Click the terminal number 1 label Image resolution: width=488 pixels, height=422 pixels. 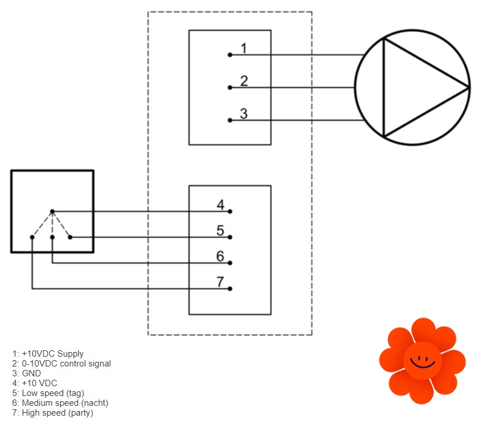[243, 48]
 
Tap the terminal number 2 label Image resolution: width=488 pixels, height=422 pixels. [244, 81]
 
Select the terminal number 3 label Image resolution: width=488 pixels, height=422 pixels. [243, 114]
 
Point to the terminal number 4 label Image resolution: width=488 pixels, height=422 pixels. [220, 205]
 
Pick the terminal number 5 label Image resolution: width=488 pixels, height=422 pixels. [220, 231]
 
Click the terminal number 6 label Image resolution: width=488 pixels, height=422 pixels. [220, 256]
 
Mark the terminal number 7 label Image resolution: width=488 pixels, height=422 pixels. [220, 282]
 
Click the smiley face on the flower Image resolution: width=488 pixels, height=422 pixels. [422, 361]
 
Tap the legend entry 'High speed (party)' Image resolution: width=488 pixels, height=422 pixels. [53, 413]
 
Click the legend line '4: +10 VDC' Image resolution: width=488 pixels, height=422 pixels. [35, 383]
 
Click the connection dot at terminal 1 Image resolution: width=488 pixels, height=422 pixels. [230, 55]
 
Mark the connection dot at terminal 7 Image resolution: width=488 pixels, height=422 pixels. [230, 288]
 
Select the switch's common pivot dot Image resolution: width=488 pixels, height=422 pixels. [52, 211]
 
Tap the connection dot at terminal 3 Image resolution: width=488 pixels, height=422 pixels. [230, 120]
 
